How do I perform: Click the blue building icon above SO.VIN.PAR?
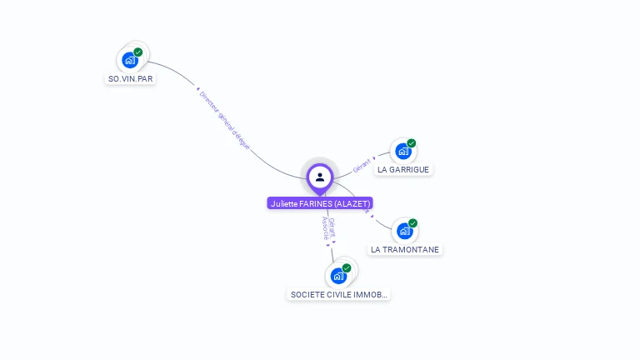(x=129, y=60)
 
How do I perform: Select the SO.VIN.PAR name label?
(x=131, y=78)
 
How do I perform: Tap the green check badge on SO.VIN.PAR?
(x=138, y=52)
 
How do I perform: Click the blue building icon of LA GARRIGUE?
(x=403, y=152)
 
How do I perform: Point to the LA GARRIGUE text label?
(x=403, y=169)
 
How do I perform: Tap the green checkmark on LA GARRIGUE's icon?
(x=412, y=143)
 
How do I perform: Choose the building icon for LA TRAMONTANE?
(x=404, y=231)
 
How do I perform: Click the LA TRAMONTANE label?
(x=405, y=249)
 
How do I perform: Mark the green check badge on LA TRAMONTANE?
(x=412, y=223)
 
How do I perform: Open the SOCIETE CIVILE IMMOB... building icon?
(x=338, y=276)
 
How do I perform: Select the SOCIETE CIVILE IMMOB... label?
(x=338, y=294)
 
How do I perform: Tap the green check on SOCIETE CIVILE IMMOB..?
(x=347, y=267)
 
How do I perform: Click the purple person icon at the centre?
(x=320, y=177)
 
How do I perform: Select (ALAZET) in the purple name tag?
(x=353, y=203)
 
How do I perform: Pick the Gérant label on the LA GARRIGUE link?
(x=361, y=165)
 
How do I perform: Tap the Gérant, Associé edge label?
(x=327, y=228)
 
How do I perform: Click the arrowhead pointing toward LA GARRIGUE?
(x=374, y=157)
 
